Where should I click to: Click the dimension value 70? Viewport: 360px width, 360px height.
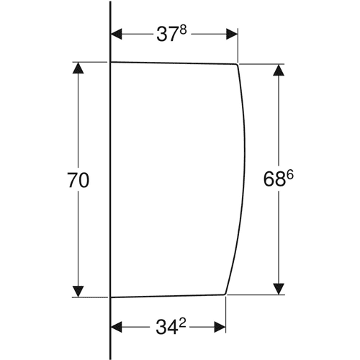click(x=78, y=180)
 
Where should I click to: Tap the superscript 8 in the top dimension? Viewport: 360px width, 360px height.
click(x=183, y=31)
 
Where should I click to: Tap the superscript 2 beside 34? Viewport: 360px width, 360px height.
click(x=182, y=323)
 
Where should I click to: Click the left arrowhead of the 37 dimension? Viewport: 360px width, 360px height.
click(x=116, y=34)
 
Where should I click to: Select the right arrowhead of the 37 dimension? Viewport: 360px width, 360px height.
click(x=232, y=34)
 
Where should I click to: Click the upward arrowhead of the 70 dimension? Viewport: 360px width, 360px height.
click(x=78, y=68)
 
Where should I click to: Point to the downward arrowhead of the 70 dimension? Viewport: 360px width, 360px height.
click(x=78, y=292)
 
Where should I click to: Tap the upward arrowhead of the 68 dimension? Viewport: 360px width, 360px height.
click(x=279, y=70)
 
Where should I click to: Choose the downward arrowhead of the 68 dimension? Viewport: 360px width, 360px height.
click(x=279, y=289)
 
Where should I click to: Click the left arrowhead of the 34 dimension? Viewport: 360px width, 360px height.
click(x=116, y=327)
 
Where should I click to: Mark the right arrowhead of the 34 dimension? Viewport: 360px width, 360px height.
click(x=220, y=327)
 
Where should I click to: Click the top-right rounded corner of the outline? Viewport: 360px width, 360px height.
click(x=237, y=65)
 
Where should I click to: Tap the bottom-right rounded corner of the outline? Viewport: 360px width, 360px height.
click(x=225, y=293)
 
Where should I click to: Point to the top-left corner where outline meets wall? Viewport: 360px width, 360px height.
click(x=111, y=62)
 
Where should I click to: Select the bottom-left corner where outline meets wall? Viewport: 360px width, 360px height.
click(x=111, y=297)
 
